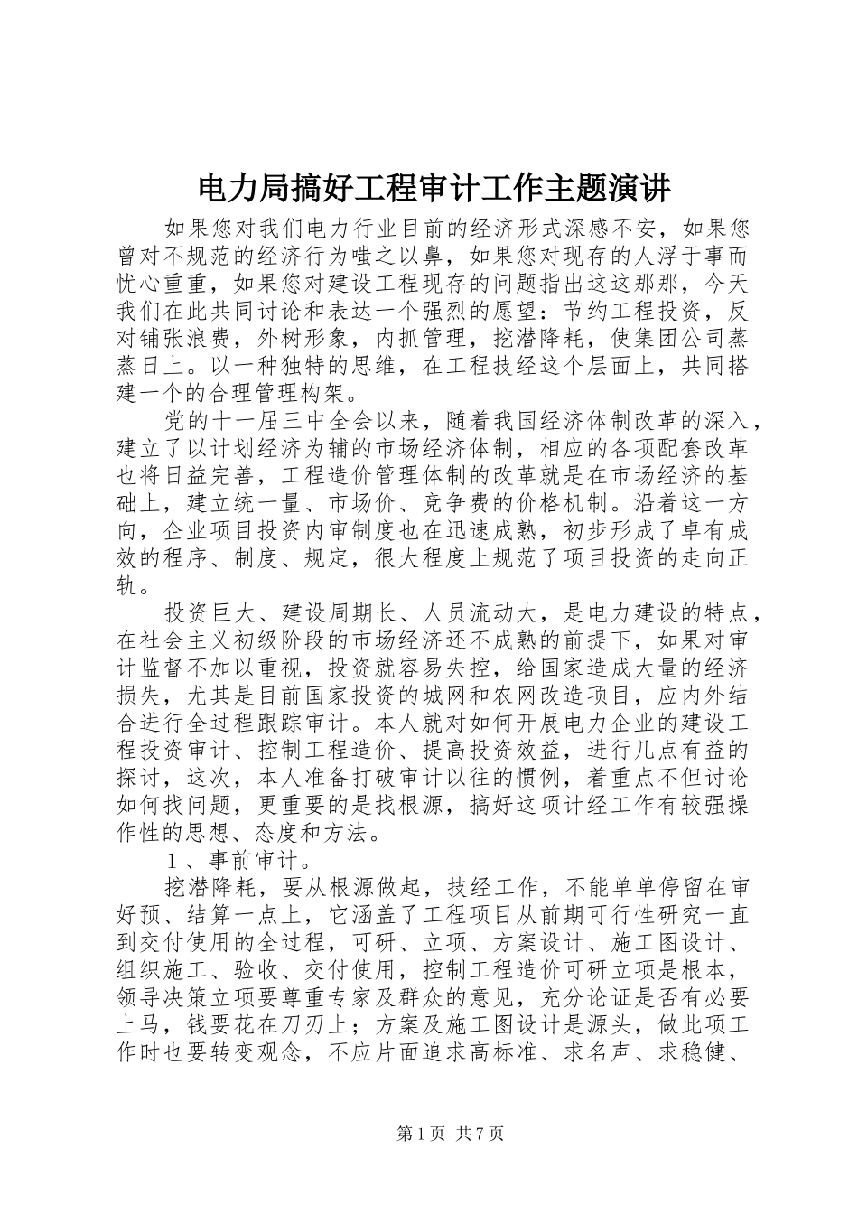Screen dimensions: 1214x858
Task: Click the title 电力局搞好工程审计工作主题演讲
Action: pyautogui.click(x=433, y=189)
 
